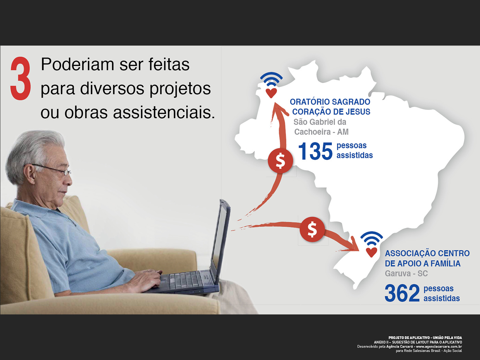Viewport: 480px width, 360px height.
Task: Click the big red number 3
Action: (20, 78)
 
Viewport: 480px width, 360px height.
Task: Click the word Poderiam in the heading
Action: (77, 64)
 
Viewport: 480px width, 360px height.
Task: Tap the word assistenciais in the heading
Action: (164, 112)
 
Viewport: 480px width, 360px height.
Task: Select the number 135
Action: (315, 151)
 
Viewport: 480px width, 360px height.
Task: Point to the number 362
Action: (402, 293)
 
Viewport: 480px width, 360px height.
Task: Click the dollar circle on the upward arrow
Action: (280, 161)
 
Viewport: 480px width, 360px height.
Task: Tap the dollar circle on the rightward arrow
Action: (312, 229)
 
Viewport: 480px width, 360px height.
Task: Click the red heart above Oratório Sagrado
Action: (271, 93)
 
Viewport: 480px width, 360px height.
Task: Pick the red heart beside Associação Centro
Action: (372, 252)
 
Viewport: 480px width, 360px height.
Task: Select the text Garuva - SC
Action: (406, 274)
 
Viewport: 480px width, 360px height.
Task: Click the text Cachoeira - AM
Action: (321, 132)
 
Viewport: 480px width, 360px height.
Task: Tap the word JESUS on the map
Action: (358, 112)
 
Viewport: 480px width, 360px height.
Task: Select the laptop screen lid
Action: (220, 240)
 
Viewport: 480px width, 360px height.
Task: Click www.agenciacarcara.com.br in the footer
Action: (439, 346)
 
